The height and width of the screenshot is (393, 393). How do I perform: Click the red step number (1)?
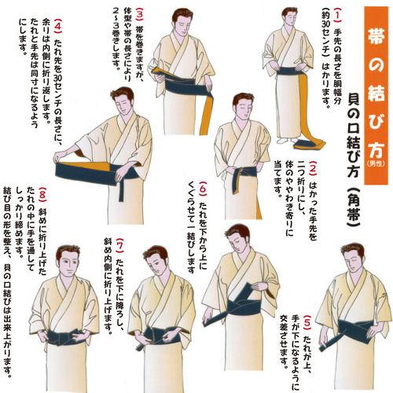(337, 14)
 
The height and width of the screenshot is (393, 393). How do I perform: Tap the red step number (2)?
(314, 168)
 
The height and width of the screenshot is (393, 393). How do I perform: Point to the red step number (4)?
(58, 26)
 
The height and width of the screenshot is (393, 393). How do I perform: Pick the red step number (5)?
(308, 323)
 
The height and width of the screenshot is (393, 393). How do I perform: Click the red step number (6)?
(203, 189)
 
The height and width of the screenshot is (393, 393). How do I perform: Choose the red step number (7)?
(119, 246)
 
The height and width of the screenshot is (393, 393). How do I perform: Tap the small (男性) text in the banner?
(376, 163)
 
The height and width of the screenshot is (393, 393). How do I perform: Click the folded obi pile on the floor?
(309, 144)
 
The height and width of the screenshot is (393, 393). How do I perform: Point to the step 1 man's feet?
(285, 141)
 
